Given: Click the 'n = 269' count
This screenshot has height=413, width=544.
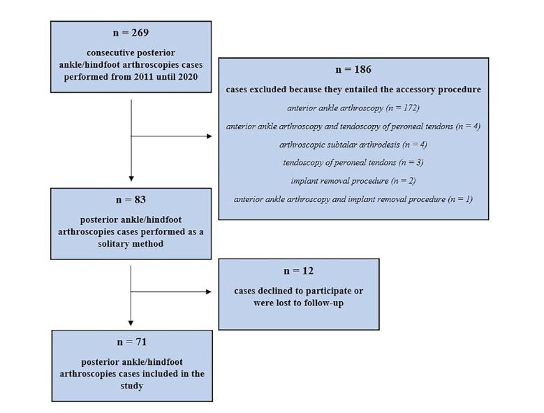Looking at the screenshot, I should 131,33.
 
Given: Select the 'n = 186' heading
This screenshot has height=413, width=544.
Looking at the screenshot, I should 353,70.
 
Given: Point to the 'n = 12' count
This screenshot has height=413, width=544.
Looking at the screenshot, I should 298,270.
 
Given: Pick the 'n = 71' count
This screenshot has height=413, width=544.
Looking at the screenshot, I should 131,342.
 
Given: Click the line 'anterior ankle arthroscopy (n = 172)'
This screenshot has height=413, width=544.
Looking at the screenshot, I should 353,108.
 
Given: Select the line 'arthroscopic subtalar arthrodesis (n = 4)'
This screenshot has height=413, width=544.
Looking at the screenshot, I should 353,145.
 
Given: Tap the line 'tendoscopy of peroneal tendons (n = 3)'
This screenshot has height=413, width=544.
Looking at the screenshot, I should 353,162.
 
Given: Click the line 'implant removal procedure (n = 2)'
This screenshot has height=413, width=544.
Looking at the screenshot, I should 353,180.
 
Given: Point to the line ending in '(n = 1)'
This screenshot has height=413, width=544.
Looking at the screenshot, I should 353,199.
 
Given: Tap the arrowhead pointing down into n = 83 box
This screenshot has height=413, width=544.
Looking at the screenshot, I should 131,179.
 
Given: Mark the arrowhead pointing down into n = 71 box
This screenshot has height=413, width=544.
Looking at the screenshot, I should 131,322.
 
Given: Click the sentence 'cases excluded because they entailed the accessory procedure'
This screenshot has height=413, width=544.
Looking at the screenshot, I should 353,89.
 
